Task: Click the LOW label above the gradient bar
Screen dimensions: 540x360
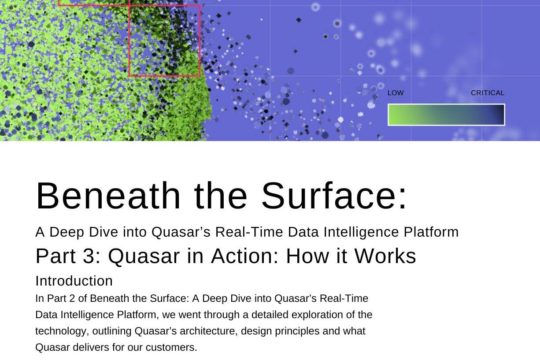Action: pyautogui.click(x=396, y=93)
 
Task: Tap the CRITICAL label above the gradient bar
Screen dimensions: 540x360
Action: pyautogui.click(x=488, y=93)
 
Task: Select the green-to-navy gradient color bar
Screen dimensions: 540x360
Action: pyautogui.click(x=446, y=115)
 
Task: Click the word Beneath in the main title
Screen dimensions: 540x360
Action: pyautogui.click(x=108, y=196)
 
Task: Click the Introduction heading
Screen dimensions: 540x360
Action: pyautogui.click(x=74, y=281)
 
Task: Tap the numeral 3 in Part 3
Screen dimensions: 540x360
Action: pyautogui.click(x=89, y=256)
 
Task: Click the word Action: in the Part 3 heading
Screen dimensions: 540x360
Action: pyautogui.click(x=245, y=256)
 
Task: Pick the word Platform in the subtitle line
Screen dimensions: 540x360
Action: pyautogui.click(x=431, y=232)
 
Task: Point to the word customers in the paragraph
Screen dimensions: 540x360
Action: pyautogui.click(x=171, y=348)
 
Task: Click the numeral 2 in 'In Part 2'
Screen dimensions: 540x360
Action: pyautogui.click(x=72, y=298)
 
